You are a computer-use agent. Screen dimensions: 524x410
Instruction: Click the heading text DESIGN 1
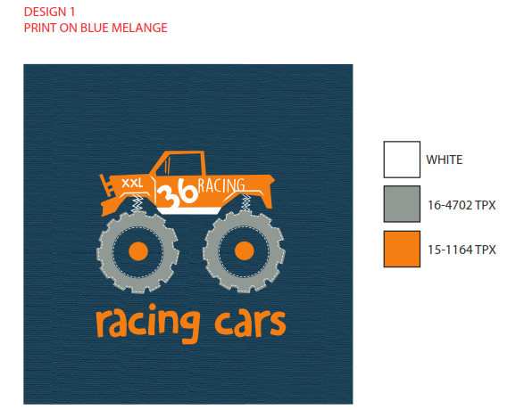pos(49,12)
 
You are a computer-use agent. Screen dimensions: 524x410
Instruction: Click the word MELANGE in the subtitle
pos(139,28)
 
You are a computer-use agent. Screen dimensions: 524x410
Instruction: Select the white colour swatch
pos(402,160)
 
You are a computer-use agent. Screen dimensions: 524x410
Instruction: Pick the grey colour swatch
pos(402,204)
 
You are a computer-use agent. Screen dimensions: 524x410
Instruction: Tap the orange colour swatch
pos(402,249)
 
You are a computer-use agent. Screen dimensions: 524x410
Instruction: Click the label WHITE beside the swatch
pos(445,160)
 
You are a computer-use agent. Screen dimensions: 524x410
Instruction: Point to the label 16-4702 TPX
pos(462,205)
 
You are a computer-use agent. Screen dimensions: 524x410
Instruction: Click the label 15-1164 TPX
pos(462,250)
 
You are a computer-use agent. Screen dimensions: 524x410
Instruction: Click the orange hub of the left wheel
pos(138,251)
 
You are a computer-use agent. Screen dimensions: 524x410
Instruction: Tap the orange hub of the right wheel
pos(245,250)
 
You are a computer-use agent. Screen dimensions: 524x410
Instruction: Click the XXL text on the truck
pos(132,183)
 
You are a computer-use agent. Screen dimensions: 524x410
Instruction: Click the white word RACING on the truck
pos(221,185)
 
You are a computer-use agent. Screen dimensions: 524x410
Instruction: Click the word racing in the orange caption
pos(148,323)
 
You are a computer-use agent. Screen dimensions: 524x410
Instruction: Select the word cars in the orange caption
pos(250,323)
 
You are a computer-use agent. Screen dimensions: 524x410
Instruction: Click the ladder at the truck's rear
pos(108,186)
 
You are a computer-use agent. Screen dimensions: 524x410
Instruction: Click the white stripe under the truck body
pos(189,211)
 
